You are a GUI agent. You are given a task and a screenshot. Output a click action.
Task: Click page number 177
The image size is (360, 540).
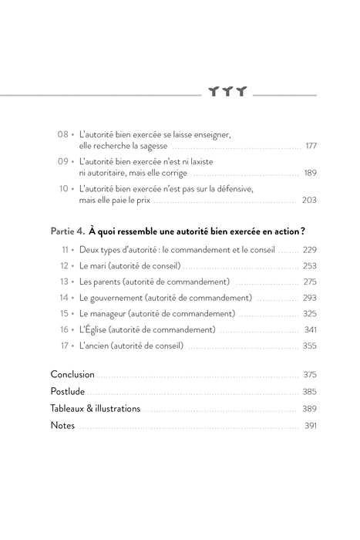pos(311,145)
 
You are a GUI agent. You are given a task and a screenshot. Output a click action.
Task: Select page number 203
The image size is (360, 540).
pos(310,200)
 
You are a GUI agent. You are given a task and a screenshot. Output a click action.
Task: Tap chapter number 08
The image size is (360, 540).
pos(64,133)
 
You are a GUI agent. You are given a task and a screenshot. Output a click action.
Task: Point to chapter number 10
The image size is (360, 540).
pos(64,188)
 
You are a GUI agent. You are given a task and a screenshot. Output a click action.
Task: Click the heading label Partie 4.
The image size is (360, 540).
pos(67,230)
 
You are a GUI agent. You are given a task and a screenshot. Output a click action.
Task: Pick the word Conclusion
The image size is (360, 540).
pos(73,374)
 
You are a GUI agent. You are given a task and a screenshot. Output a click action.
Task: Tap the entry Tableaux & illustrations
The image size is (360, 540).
pos(96,408)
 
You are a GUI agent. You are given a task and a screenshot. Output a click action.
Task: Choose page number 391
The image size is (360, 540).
pos(311,425)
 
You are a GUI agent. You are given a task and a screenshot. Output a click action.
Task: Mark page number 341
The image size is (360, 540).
pos(310,330)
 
